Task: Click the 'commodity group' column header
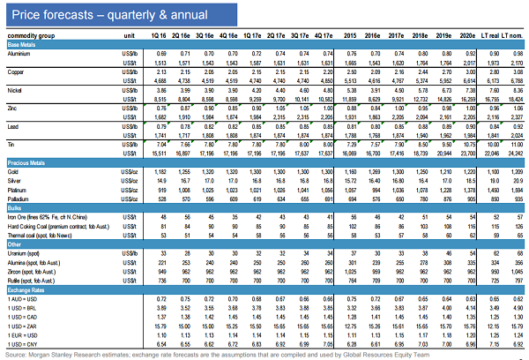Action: coord(32,35)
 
